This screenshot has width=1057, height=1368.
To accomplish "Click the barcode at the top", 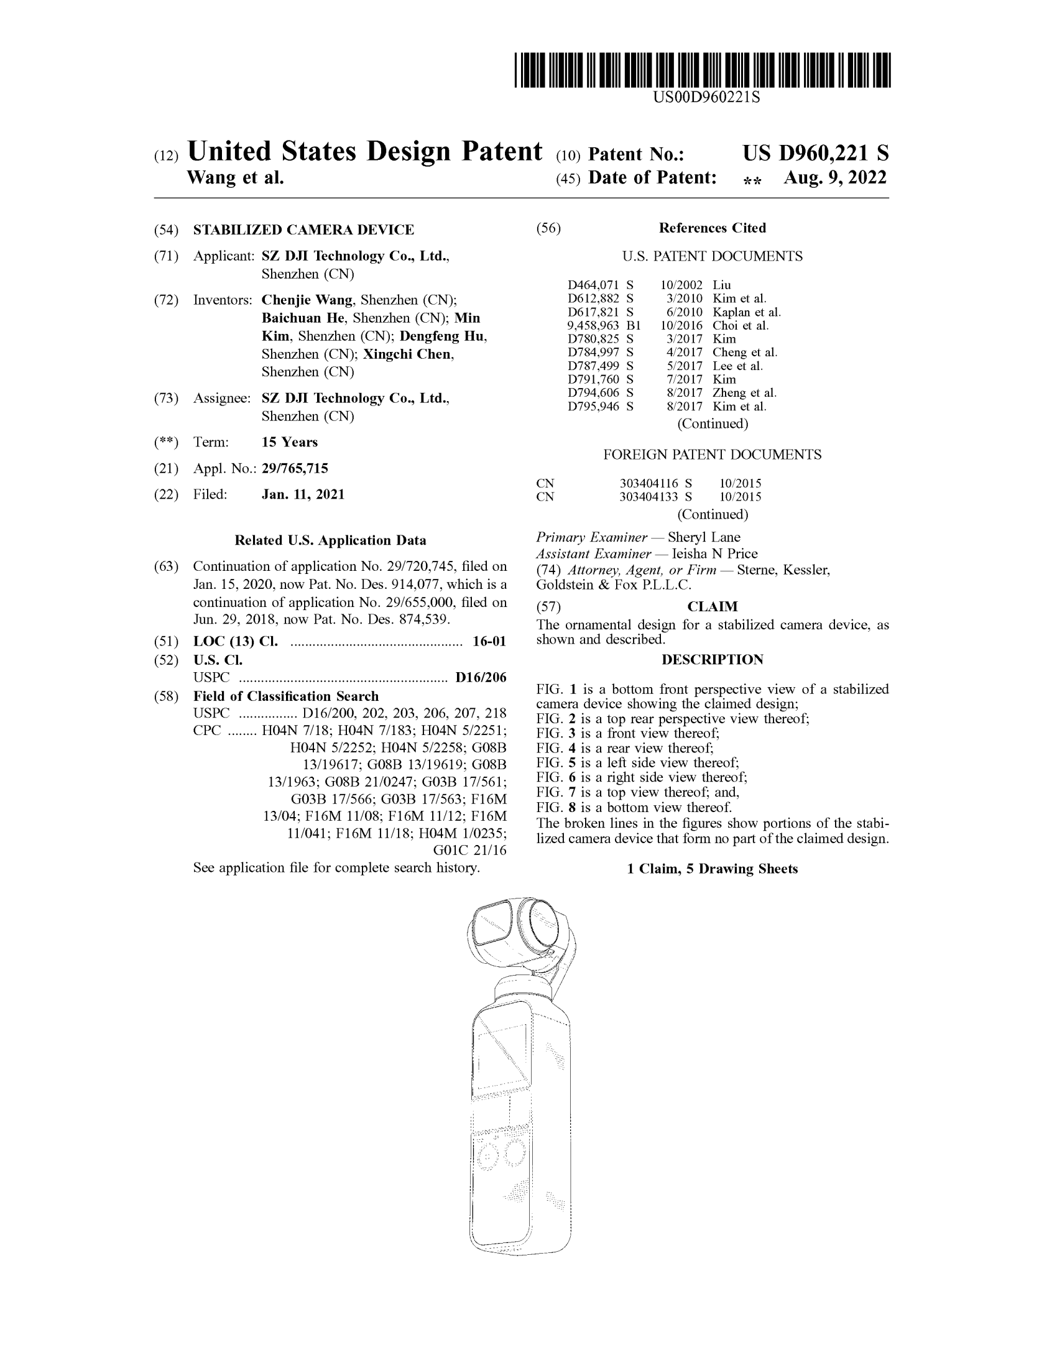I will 702,70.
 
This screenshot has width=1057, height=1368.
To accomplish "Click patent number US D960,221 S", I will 815,154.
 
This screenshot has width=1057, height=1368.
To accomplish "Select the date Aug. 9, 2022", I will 834,178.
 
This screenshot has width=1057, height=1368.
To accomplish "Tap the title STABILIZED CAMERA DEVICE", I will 303,230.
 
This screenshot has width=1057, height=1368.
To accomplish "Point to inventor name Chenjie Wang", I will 307,300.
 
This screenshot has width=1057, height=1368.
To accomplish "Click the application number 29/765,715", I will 294,468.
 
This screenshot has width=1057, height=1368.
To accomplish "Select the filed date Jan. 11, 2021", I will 302,494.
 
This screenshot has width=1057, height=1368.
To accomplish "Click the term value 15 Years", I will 289,442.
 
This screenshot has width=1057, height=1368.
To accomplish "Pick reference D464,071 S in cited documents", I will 600,285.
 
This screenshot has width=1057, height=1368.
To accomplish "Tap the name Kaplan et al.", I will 746,312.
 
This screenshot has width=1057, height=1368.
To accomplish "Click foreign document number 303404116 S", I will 655,484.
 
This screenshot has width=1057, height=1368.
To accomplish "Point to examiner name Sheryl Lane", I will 704,537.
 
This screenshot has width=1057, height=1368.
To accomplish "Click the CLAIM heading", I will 712,606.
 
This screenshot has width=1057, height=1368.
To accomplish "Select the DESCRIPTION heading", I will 712,660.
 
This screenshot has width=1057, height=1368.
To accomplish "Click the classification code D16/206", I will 480,677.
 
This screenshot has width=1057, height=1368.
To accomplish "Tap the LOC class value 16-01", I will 489,642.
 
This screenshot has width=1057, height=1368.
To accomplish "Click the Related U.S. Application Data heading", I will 330,540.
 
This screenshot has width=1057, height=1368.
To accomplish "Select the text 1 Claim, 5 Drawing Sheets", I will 712,869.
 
